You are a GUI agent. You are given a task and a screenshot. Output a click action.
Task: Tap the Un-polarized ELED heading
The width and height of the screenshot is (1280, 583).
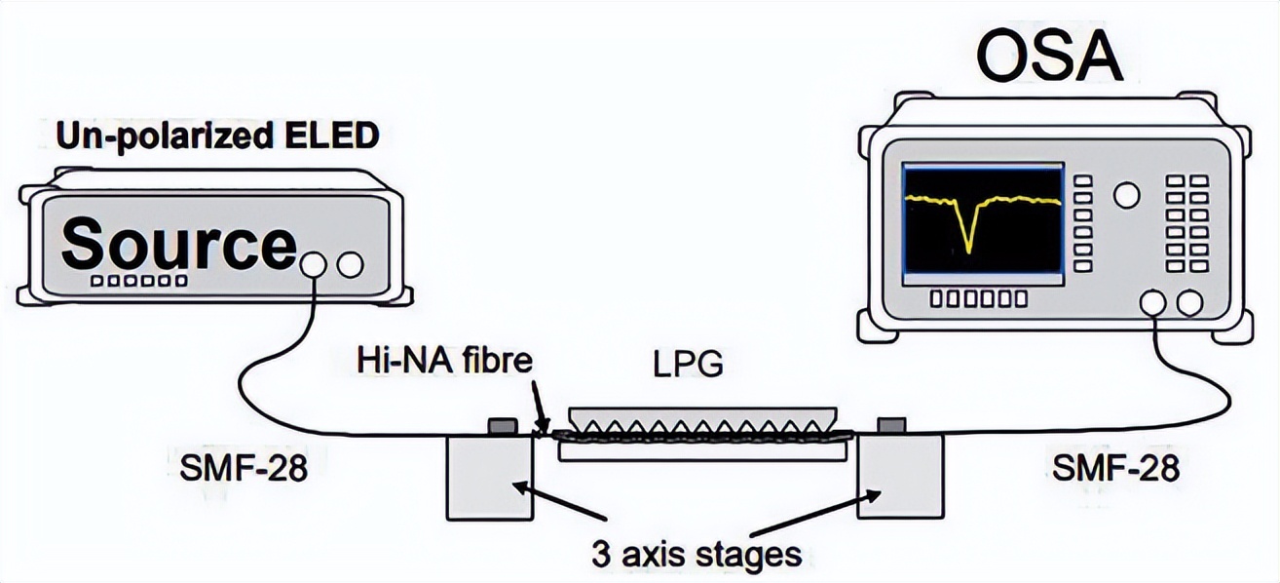coord(216,136)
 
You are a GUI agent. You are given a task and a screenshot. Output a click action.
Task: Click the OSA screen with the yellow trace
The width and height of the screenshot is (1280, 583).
coord(981,225)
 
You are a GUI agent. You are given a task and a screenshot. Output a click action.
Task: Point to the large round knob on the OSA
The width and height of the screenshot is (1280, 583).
coord(1126,195)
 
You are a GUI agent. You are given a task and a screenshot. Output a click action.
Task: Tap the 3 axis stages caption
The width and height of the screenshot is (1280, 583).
coord(696,555)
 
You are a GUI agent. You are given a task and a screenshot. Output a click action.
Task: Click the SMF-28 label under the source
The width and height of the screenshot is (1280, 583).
coord(244,469)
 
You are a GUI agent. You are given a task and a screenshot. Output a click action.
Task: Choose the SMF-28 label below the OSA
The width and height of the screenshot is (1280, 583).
coord(1115,469)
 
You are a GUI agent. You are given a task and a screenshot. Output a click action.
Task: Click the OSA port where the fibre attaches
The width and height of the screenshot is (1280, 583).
coord(1154,304)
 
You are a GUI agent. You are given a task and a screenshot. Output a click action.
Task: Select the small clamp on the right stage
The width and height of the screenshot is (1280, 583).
coord(891,426)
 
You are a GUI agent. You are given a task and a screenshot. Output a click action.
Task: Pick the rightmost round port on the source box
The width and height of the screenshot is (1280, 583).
coord(349,263)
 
